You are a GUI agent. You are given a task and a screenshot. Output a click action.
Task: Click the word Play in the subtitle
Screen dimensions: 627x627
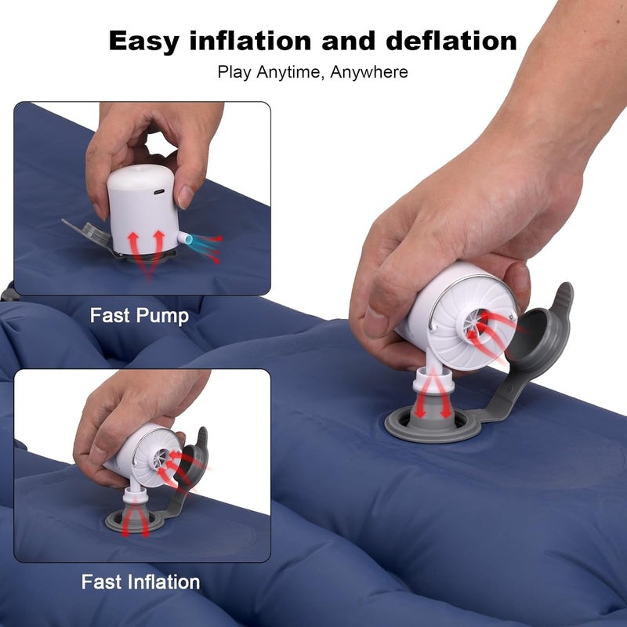234,72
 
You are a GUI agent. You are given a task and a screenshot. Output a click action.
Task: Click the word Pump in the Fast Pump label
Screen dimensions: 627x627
162,316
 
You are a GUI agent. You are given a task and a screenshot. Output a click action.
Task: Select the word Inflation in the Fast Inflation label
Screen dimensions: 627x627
162,582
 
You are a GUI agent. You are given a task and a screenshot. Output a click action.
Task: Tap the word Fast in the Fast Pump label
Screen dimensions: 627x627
110,316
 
